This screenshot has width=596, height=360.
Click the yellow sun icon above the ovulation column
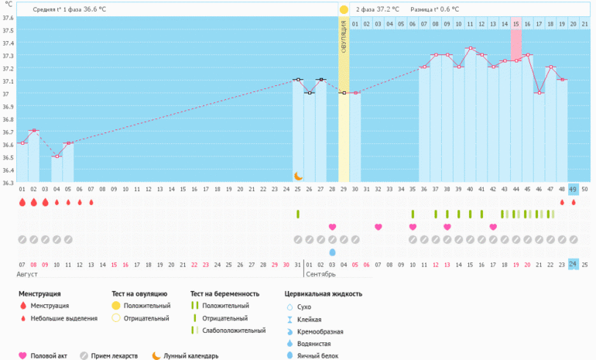344,9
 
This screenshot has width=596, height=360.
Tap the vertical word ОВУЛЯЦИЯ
344,38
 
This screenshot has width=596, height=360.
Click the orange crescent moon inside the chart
298,177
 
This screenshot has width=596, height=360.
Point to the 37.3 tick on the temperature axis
8,56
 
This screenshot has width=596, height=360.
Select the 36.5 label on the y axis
8,157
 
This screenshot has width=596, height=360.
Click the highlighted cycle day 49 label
573,190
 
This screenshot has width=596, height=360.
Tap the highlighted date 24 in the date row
573,264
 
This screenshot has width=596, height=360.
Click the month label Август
26,275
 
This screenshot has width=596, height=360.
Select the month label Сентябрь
321,275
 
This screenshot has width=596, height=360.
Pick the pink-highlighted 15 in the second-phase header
516,25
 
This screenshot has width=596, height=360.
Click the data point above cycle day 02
34,131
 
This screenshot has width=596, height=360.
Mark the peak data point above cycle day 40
470,48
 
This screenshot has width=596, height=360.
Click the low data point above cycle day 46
539,93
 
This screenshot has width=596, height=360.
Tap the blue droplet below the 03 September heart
332,252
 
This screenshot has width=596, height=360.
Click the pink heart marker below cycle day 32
378,227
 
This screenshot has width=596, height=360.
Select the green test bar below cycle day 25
298,214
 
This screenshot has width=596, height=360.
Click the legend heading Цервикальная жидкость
323,294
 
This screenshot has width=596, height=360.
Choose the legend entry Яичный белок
320,355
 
